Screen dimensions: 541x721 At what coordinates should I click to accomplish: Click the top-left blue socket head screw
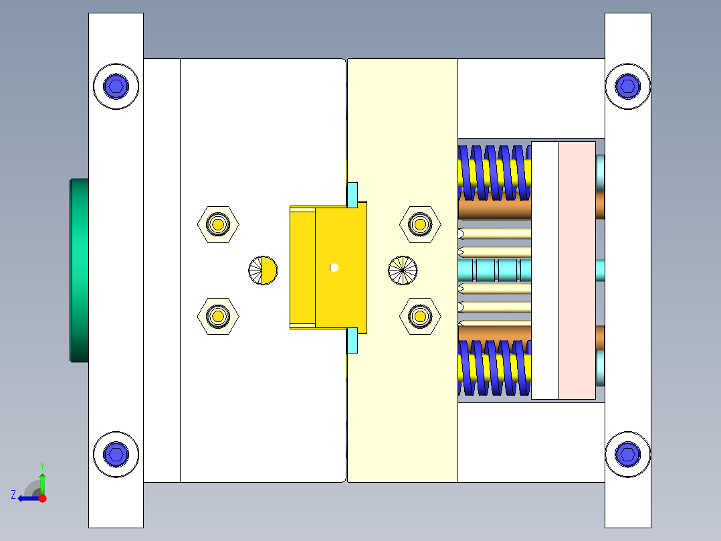[x=116, y=86]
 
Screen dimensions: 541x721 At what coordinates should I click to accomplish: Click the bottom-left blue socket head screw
[x=116, y=455]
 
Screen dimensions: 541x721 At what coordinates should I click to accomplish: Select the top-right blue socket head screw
[x=627, y=85]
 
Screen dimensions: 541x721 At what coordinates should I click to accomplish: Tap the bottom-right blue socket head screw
[x=627, y=454]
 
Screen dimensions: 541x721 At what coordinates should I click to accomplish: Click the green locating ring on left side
[x=80, y=269]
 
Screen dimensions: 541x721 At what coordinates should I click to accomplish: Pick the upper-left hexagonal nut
[x=218, y=224]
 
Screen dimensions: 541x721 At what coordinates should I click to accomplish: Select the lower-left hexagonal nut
[x=218, y=315]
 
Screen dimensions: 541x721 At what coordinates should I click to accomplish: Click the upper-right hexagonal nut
[x=420, y=224]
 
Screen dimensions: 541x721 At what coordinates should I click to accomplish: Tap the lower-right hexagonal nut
[x=420, y=315]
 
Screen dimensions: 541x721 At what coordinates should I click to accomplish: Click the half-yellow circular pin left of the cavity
[x=263, y=270]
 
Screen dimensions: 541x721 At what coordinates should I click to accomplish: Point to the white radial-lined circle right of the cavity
[x=403, y=270]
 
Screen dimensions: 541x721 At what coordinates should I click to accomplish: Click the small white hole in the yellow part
[x=334, y=268]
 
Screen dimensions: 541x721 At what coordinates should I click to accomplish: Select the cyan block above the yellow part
[x=352, y=194]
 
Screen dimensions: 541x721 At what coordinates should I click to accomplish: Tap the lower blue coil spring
[x=494, y=368]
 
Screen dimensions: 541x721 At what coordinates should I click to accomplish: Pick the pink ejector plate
[x=577, y=270]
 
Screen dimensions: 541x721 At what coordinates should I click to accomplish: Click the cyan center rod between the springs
[x=495, y=270]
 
